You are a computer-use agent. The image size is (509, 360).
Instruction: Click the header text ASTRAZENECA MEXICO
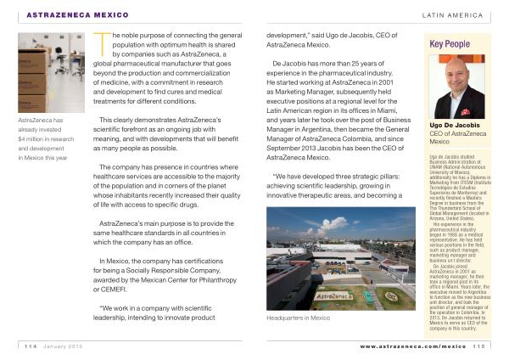(x=74, y=15)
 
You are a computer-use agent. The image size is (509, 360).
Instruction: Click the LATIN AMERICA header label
(x=452, y=15)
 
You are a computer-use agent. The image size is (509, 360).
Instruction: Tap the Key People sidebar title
(x=450, y=43)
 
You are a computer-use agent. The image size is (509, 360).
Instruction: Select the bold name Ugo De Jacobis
(x=454, y=126)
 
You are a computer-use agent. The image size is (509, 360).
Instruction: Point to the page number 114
(x=31, y=346)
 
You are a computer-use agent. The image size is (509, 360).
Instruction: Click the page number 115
(x=480, y=346)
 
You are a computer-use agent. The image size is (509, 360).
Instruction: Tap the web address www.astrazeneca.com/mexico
(x=412, y=346)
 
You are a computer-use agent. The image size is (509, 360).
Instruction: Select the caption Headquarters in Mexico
(x=298, y=318)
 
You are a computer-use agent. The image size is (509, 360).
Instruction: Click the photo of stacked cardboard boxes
(x=50, y=75)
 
